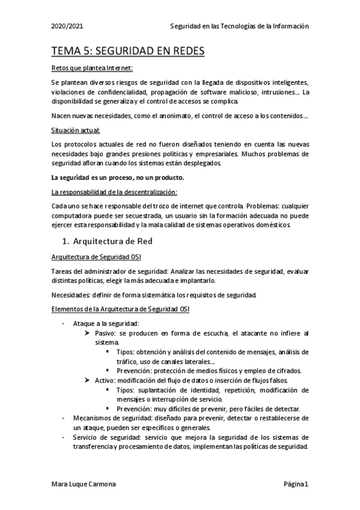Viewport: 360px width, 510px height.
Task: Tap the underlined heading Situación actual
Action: click(x=76, y=130)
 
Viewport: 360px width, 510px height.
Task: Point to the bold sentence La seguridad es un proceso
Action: click(x=117, y=177)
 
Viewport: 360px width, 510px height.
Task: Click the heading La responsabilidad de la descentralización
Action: click(x=114, y=192)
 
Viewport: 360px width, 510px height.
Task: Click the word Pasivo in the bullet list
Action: click(x=105, y=333)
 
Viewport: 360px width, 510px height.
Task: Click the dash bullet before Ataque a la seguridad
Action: click(x=64, y=324)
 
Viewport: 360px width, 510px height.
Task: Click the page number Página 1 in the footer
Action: click(x=296, y=484)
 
